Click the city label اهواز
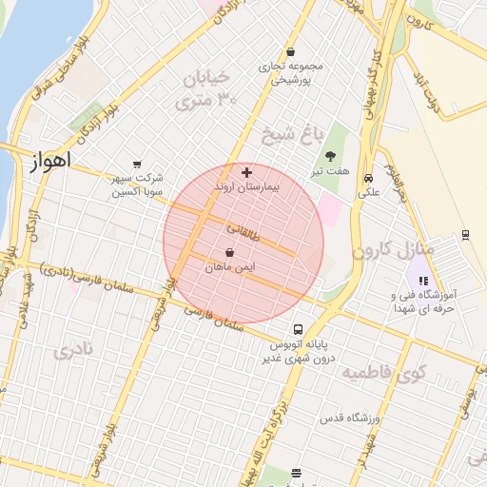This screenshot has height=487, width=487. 50,162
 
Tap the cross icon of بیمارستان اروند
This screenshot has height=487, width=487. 247,172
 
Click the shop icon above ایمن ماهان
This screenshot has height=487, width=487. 231,253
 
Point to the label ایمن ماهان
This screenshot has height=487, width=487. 231,268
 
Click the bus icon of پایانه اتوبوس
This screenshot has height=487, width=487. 299,328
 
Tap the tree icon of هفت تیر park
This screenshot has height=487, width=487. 330,156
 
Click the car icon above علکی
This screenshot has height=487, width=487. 368,177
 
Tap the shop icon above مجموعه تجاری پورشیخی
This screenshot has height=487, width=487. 290,52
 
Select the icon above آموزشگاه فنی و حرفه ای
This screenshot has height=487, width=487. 423,281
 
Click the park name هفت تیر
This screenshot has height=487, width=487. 330,171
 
